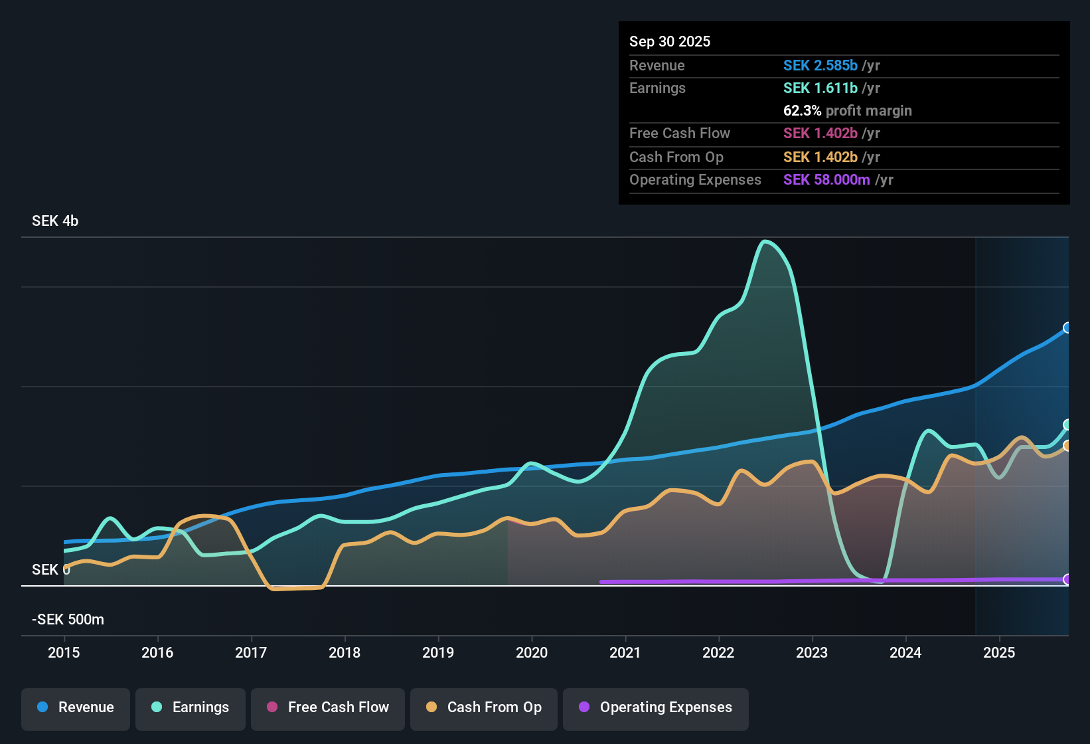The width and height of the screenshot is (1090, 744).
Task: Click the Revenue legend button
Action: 76,707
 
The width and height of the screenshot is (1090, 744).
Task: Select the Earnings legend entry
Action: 191,707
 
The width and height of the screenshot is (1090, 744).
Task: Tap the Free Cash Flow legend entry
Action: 328,707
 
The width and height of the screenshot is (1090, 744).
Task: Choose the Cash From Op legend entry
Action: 484,707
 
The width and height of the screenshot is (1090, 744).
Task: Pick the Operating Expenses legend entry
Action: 656,707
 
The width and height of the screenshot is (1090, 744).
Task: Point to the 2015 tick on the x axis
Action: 64,652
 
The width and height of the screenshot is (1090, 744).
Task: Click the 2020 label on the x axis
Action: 532,652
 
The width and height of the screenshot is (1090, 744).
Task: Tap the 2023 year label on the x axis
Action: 812,652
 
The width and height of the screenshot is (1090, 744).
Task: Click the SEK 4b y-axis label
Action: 55,221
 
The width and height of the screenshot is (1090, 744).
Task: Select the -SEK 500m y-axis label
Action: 68,620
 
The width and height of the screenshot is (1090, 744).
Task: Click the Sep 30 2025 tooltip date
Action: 670,42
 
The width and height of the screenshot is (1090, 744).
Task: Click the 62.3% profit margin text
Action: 847,111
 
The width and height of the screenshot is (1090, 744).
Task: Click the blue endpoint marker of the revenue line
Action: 1067,327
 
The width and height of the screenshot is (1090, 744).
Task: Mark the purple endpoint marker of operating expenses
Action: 1067,579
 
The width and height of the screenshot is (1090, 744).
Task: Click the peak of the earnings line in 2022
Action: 765,241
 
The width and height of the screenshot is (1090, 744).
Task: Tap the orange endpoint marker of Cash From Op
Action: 1067,446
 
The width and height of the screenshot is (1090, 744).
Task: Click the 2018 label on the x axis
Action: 345,652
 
